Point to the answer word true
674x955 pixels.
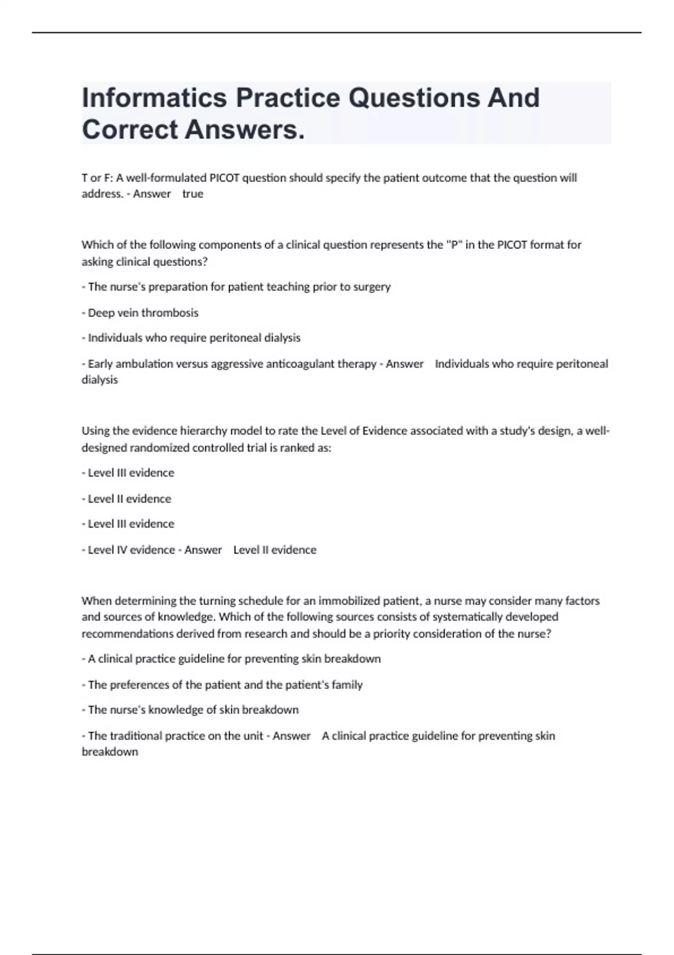[x=193, y=194]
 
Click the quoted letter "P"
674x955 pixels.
[x=453, y=245]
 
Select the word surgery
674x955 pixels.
[x=372, y=287]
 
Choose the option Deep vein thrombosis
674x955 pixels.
[x=143, y=313]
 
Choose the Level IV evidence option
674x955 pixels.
[x=131, y=550]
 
